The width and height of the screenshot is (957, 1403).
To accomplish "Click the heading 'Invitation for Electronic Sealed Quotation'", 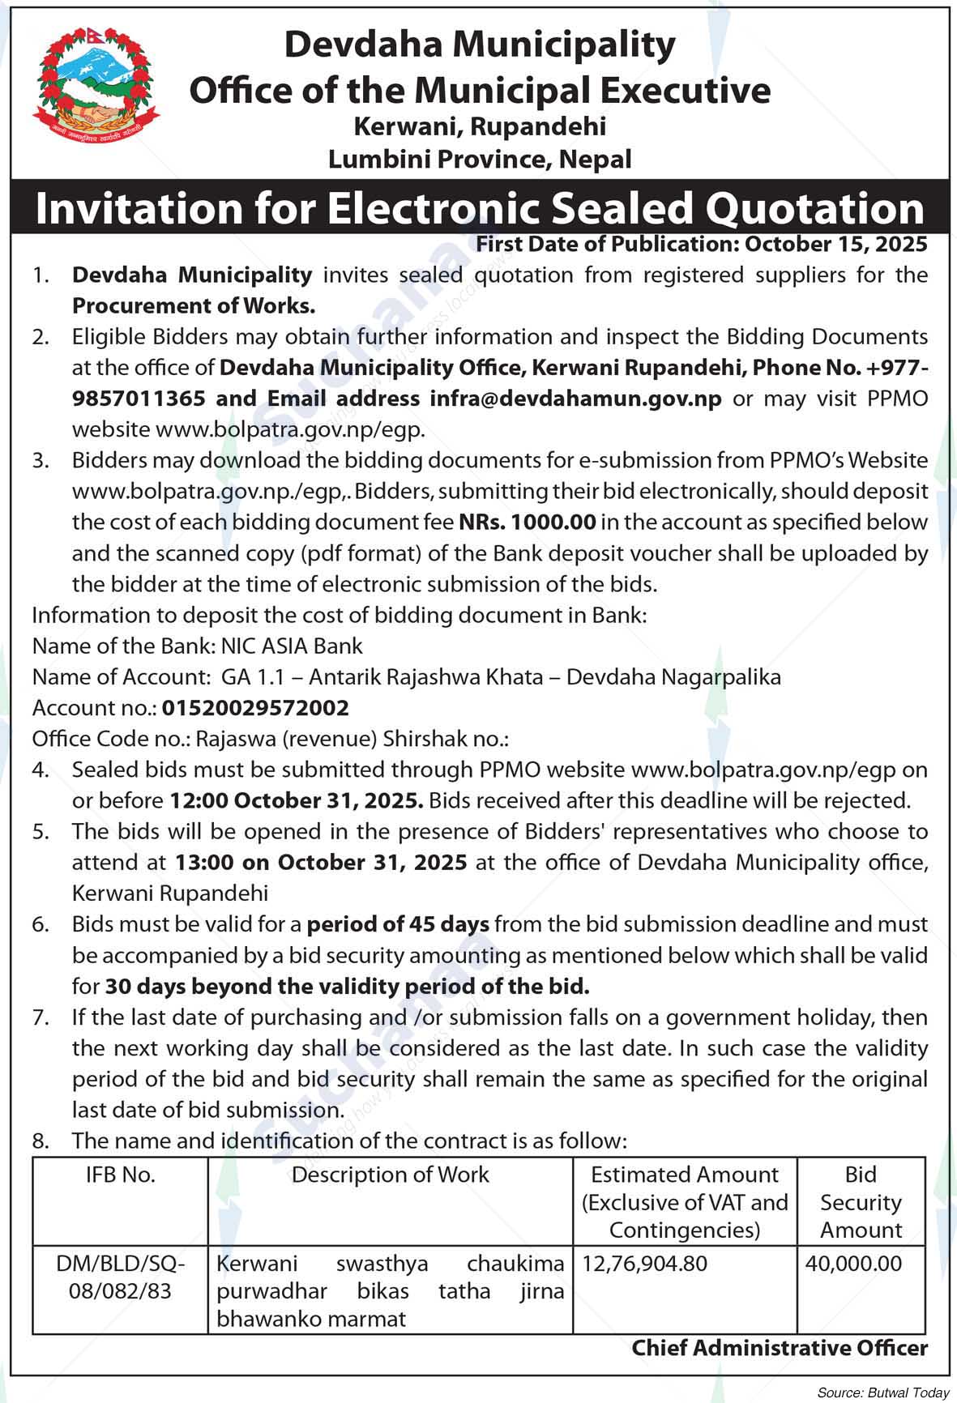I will [x=480, y=208].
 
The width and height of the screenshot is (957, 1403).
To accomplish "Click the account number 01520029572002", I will [x=255, y=708].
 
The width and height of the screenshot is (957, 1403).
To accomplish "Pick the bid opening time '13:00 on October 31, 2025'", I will [x=321, y=863].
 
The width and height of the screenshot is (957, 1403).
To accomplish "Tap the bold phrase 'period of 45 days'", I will [x=399, y=924].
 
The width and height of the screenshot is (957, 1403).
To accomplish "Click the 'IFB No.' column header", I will [x=120, y=1175].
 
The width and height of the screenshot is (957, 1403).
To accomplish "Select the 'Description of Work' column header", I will [x=390, y=1175].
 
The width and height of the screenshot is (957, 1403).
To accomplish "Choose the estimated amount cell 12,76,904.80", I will [x=644, y=1264].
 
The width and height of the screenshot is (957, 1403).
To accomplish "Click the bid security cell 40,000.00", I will [x=853, y=1264].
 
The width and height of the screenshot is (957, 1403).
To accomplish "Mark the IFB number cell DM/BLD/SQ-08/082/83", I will [x=120, y=1277].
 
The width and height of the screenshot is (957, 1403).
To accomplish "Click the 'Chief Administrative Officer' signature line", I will [x=780, y=1349].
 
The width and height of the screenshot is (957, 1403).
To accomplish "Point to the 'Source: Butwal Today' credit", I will [x=882, y=1393].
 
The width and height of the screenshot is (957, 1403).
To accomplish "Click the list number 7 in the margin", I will [x=41, y=1017].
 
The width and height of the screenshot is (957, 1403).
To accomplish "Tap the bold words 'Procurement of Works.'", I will [x=194, y=306].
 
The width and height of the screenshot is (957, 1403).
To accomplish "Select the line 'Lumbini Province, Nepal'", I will [x=480, y=159].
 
